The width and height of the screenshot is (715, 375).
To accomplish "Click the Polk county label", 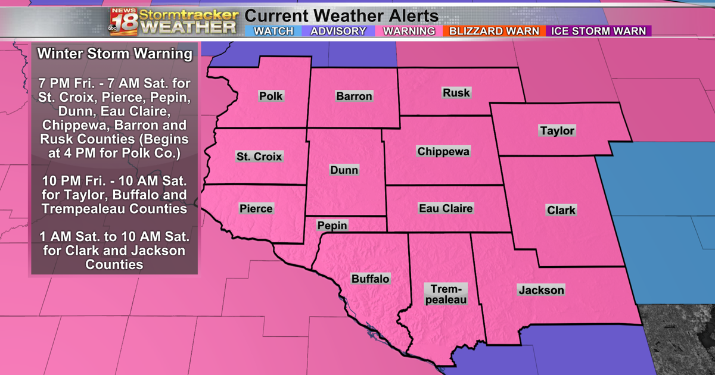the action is (271, 96).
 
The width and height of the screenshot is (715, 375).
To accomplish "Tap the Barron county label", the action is (354, 96).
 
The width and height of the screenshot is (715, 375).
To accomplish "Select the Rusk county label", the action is (456, 92).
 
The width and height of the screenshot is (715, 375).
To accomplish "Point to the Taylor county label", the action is (557, 130).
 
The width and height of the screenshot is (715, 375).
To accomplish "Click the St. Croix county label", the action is (259, 157).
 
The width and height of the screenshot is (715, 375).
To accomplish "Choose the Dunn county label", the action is (344, 170).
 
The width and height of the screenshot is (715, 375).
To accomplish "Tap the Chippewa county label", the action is (443, 151).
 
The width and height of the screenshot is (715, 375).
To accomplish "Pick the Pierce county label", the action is (256, 208).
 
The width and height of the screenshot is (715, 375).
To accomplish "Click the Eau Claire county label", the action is (446, 208).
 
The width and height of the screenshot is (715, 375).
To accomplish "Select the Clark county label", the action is (561, 210).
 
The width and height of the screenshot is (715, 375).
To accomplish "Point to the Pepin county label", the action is (332, 226).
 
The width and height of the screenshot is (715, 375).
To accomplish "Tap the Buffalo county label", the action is (370, 279).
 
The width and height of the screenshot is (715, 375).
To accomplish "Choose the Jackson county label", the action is (541, 290).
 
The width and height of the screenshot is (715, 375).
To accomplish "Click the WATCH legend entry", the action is (273, 31).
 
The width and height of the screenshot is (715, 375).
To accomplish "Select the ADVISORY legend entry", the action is (338, 31).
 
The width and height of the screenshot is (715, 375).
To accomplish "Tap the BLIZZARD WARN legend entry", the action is (494, 31).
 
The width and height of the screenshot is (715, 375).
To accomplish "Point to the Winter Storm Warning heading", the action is (115, 54).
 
